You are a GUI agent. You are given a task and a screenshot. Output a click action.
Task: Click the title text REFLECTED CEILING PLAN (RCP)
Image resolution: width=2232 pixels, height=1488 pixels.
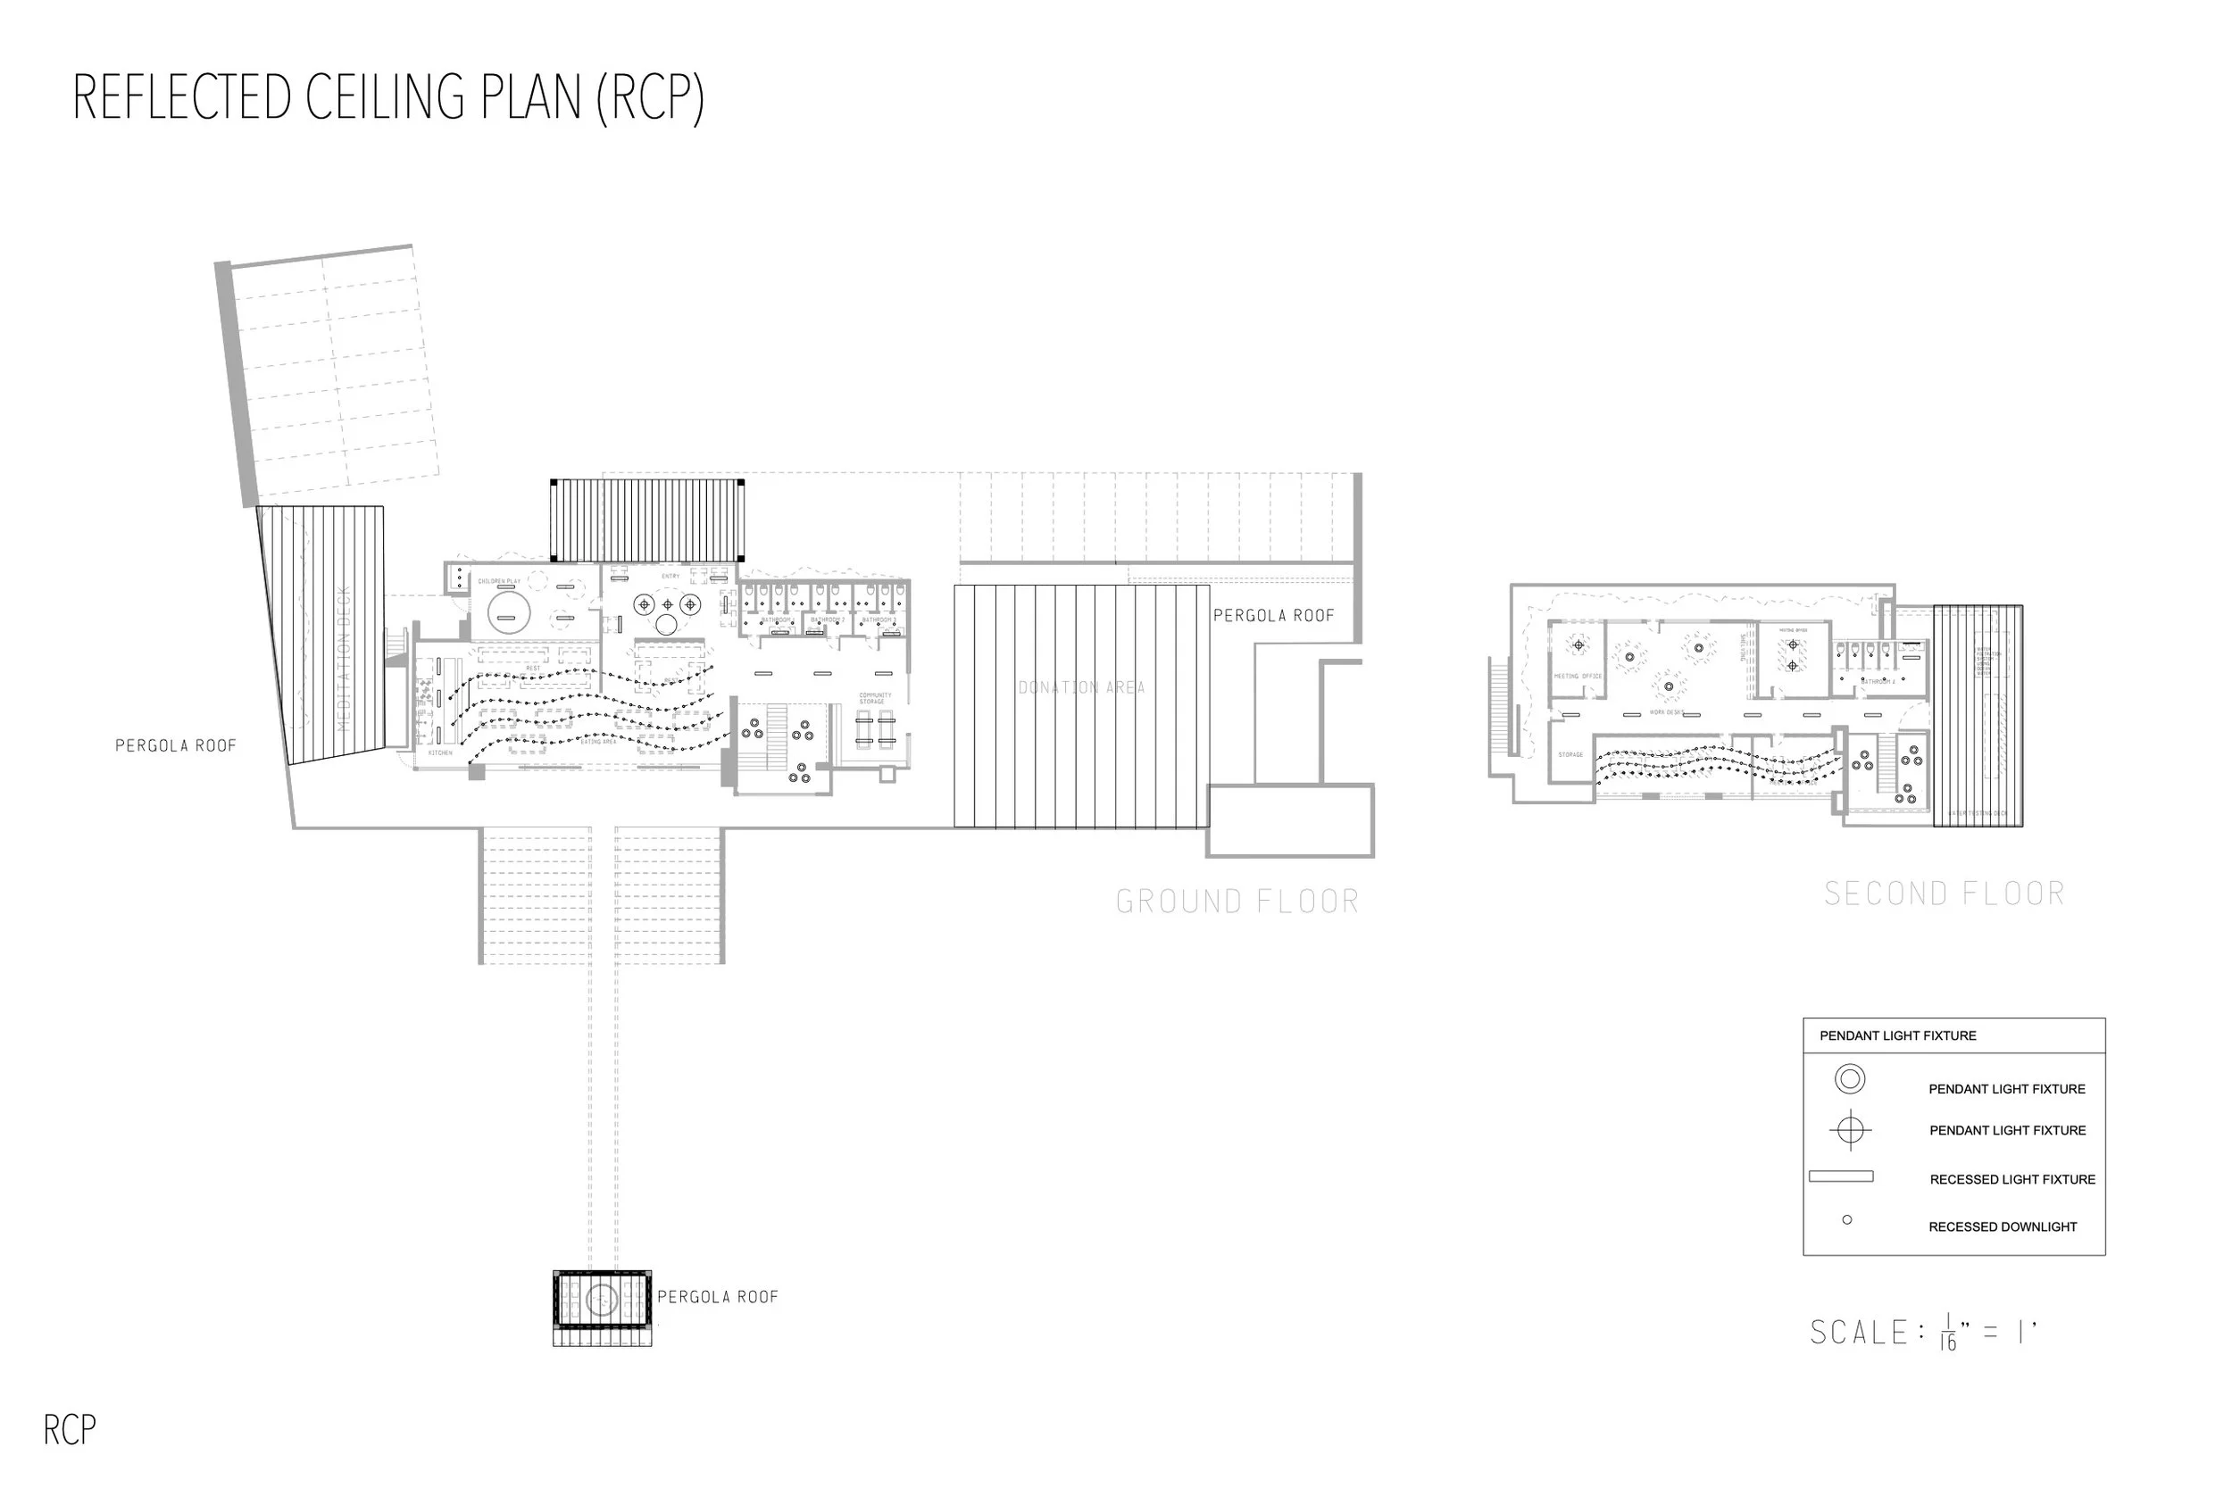388,98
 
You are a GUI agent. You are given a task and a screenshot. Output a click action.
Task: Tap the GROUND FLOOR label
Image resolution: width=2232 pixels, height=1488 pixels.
1237,901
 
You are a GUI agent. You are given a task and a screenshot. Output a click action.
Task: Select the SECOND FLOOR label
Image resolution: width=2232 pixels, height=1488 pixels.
1944,893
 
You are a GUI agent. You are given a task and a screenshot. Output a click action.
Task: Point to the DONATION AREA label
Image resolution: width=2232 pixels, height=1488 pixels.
1081,687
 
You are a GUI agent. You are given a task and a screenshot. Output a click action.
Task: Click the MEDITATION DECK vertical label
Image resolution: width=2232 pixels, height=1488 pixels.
344,658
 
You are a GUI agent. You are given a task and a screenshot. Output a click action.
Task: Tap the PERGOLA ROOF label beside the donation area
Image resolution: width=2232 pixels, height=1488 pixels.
1273,616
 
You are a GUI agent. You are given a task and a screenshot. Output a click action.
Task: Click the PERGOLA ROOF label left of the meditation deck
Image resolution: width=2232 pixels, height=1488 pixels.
176,746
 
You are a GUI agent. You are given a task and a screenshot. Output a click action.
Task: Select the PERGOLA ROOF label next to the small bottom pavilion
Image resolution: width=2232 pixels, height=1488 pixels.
718,1297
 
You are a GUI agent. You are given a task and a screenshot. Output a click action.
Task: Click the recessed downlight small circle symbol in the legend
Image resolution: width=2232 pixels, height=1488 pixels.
1846,1219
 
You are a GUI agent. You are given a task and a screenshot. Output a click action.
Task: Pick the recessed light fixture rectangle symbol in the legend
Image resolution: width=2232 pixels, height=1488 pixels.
1841,1176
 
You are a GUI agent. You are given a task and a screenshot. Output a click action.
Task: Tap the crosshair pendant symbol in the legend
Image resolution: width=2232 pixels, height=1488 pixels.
1850,1130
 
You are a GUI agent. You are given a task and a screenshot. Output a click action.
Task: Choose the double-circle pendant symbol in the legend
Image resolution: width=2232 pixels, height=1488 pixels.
1850,1079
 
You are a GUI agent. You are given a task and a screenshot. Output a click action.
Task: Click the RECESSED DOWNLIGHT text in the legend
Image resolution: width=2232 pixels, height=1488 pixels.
2003,1227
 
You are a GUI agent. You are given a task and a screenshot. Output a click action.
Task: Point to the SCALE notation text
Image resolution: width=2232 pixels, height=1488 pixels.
1922,1333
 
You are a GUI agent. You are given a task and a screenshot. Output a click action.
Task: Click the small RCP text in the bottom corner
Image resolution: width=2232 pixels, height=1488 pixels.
70,1430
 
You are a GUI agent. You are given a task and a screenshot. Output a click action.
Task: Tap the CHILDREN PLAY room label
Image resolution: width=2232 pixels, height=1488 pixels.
499,581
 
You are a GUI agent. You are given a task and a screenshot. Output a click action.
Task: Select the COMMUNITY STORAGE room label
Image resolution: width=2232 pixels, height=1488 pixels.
875,698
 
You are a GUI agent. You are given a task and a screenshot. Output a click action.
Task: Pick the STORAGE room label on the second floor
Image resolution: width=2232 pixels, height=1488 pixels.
1570,754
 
